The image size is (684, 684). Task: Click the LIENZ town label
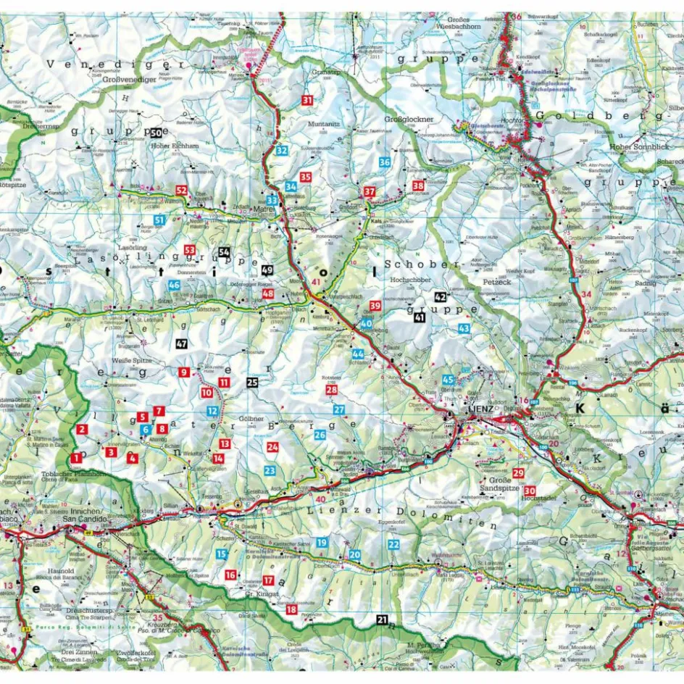click(x=480, y=409)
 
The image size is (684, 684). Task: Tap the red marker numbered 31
click(x=307, y=101)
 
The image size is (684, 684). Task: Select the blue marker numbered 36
click(x=385, y=162)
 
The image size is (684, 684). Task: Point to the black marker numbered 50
click(x=157, y=133)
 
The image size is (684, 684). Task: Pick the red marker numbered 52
click(x=181, y=191)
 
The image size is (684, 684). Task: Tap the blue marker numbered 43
click(x=464, y=328)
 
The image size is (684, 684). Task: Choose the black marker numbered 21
click(x=382, y=619)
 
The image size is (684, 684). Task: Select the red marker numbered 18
click(x=291, y=609)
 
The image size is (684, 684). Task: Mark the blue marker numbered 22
click(x=393, y=544)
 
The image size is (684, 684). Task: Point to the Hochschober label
click(x=410, y=278)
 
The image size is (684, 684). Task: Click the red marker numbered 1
click(x=76, y=458)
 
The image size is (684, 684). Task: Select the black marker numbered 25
click(x=252, y=382)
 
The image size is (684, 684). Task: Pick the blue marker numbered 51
click(x=158, y=220)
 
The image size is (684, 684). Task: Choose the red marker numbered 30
click(x=530, y=491)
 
